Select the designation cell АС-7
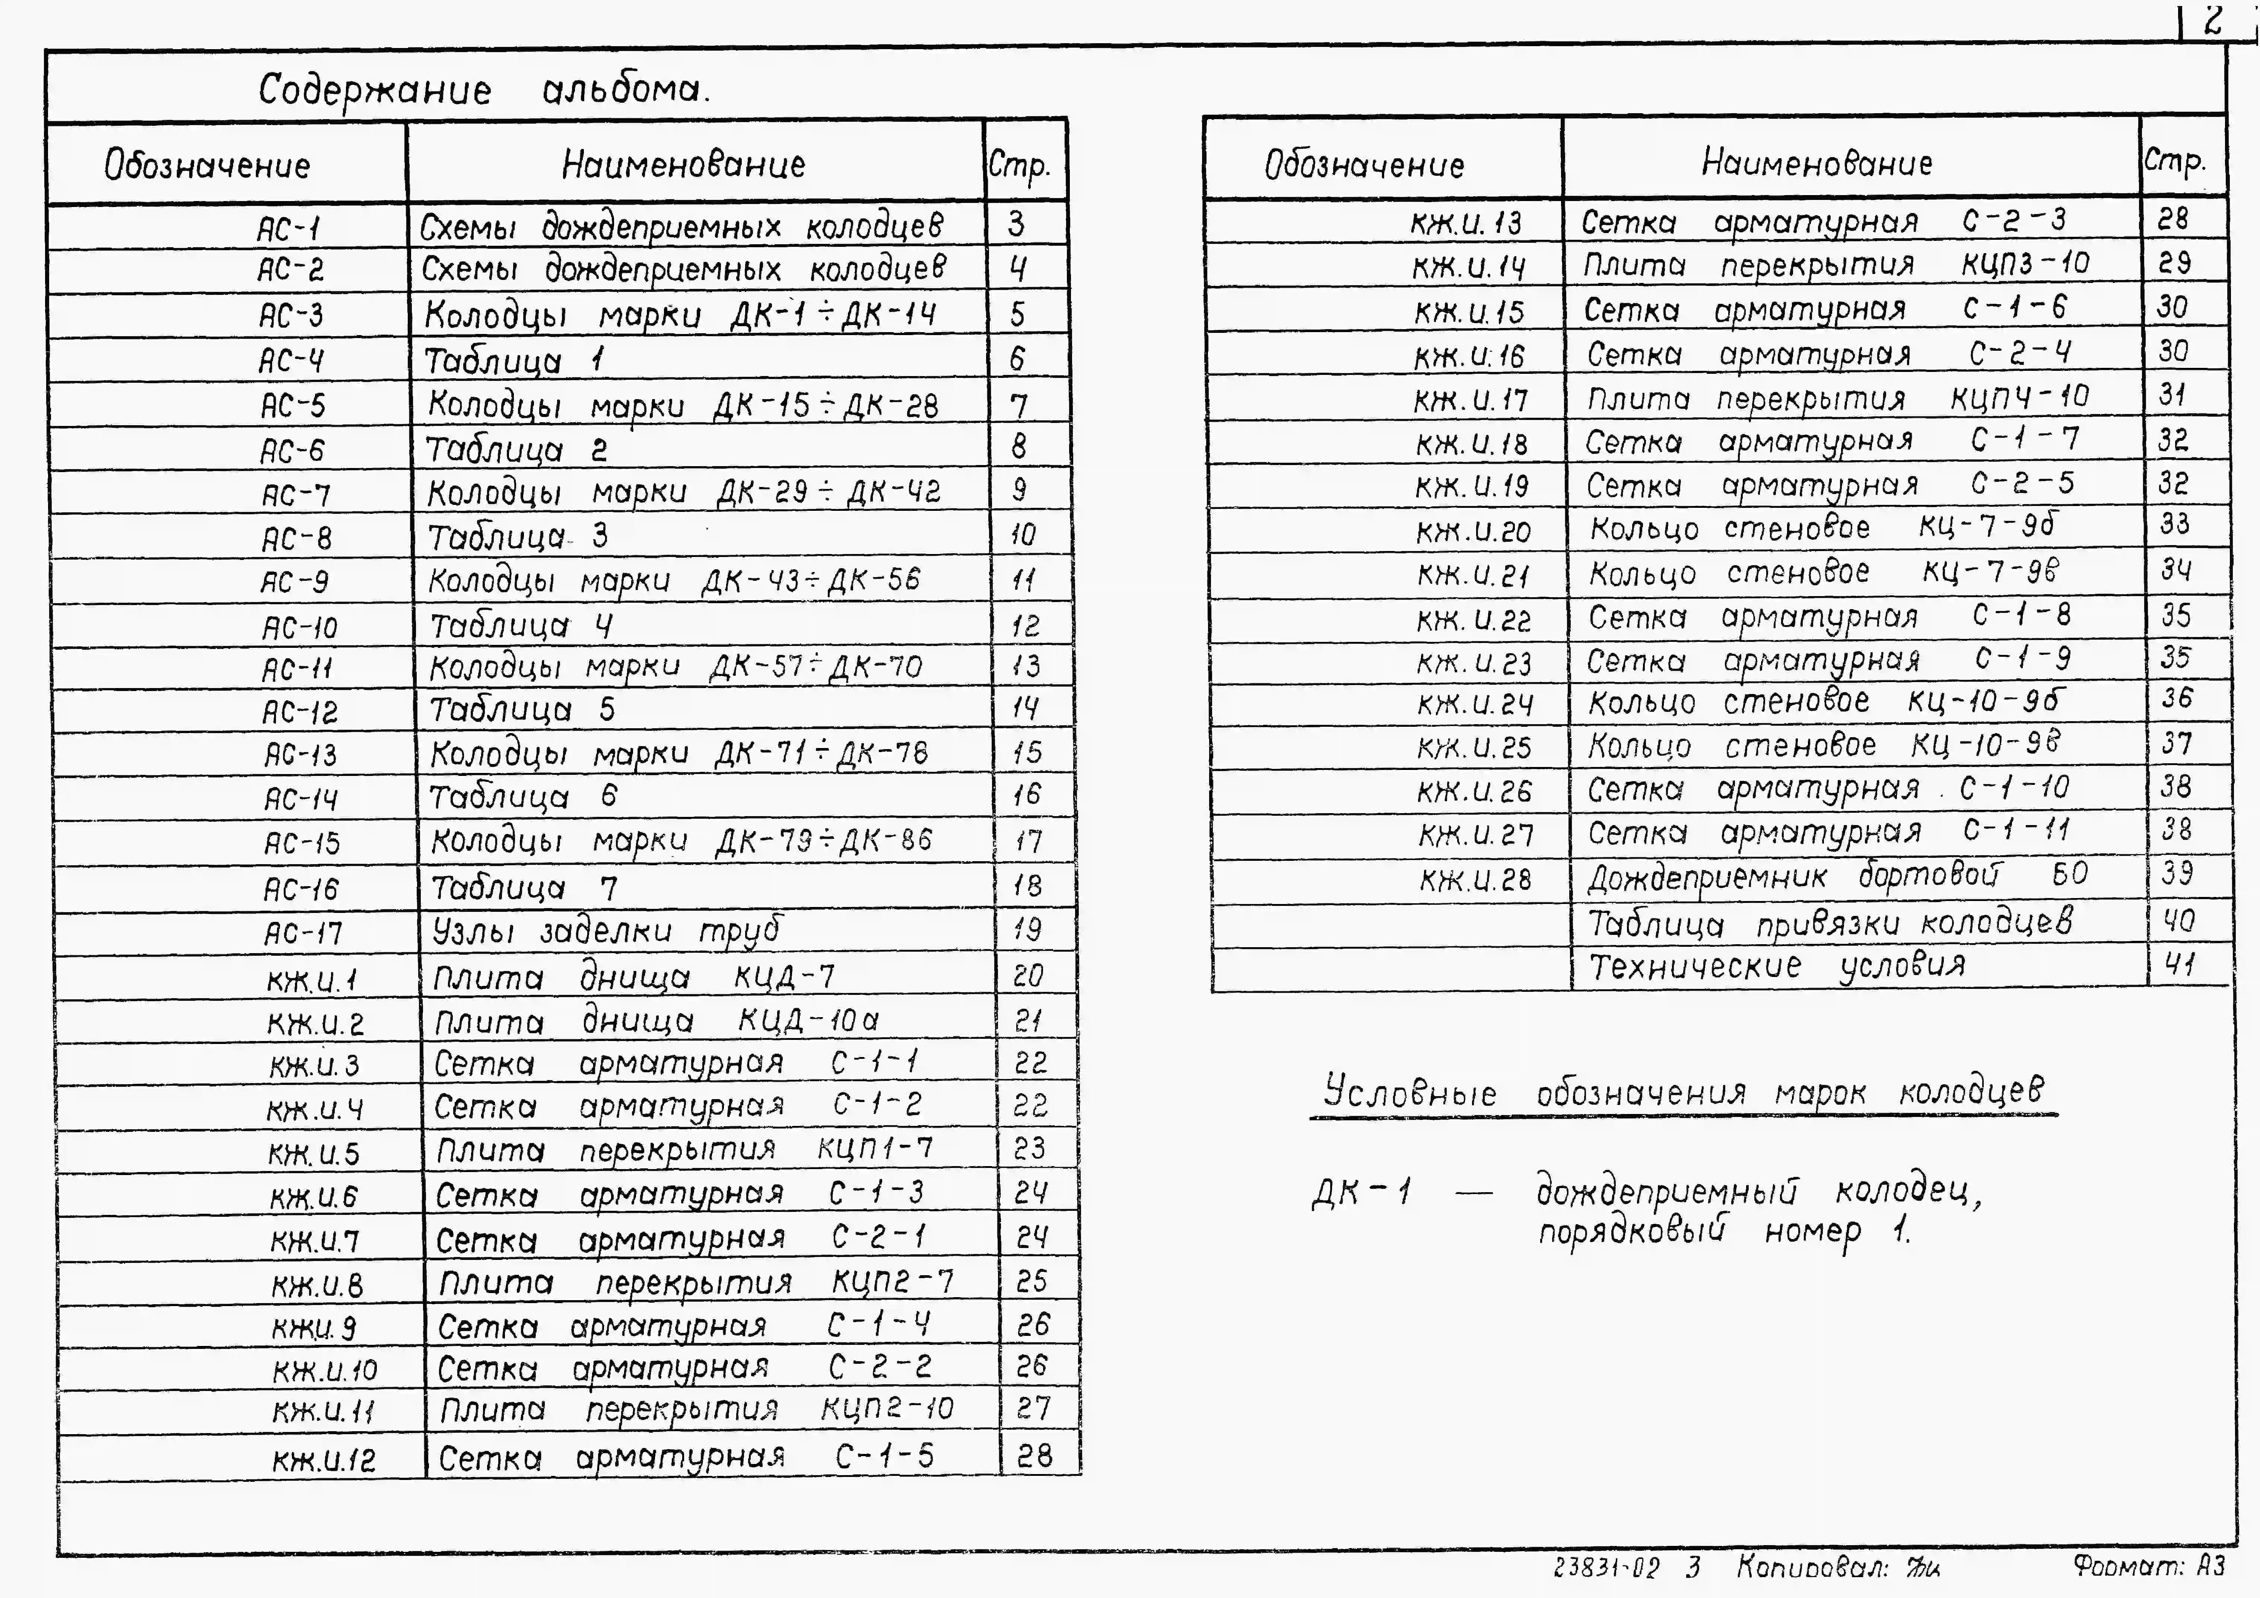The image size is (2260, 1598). [x=295, y=494]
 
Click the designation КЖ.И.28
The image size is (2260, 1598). [x=1475, y=879]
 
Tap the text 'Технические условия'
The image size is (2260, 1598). [x=1777, y=966]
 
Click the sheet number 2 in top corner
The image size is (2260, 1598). [x=2213, y=20]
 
